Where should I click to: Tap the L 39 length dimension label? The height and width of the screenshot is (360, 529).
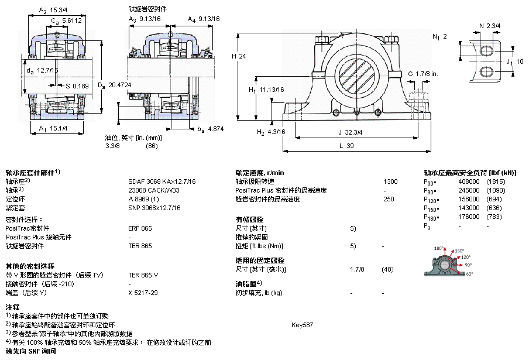point(347,146)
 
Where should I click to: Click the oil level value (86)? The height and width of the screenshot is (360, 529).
point(152,145)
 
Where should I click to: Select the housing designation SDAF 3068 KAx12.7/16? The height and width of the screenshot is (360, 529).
point(162,181)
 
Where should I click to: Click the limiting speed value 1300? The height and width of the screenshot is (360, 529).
point(390,181)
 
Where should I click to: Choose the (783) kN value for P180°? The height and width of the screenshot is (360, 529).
point(494,217)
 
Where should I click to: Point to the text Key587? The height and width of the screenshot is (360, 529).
point(302,324)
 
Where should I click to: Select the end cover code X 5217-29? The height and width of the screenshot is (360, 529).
point(143,293)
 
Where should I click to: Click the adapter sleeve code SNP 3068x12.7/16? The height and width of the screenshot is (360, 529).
point(154,208)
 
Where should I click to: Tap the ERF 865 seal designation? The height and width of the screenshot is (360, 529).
point(140,228)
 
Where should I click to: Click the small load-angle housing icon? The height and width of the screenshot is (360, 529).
point(447,263)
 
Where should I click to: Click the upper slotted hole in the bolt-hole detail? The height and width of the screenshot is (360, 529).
point(487,52)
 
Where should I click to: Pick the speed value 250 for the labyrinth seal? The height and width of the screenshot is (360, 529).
point(389,199)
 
